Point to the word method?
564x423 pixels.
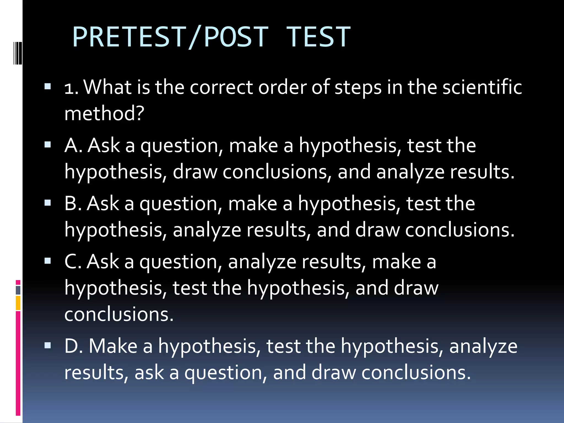point(104,113)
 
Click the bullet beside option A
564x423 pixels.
point(48,145)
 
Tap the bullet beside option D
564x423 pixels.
point(48,345)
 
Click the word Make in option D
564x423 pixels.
point(113,346)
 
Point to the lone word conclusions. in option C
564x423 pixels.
point(119,314)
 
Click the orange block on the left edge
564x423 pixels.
point(18,303)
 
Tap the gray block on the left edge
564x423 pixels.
point(18,290)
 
